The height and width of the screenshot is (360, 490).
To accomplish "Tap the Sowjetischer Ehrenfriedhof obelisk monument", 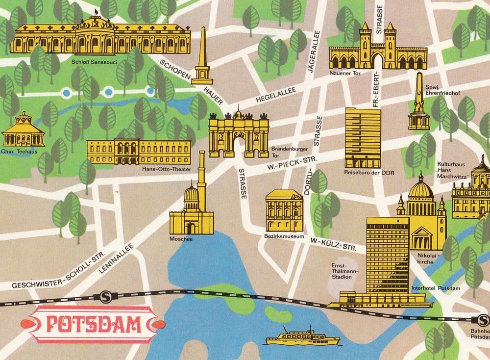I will (x=418, y=103).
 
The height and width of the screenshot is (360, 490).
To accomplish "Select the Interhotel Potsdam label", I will (x=436, y=288).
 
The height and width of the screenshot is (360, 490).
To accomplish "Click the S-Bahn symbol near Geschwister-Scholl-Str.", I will (x=104, y=296).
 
